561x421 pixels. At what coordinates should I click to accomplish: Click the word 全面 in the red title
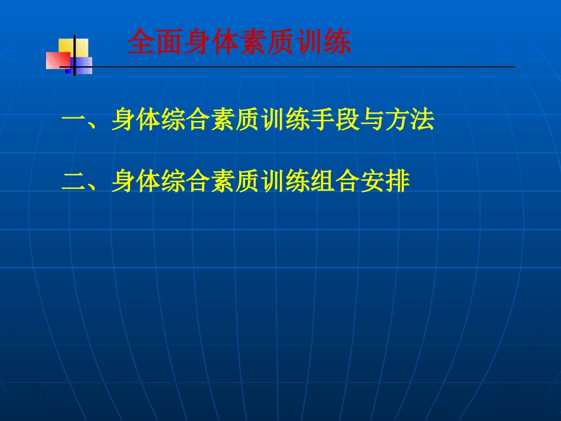[x=155, y=43]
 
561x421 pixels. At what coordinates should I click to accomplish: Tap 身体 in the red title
[x=211, y=43]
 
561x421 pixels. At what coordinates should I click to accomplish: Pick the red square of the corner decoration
[x=58, y=60]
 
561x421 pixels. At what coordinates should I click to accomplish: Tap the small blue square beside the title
[x=81, y=65]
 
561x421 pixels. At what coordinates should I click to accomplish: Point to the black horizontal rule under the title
[x=295, y=67]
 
